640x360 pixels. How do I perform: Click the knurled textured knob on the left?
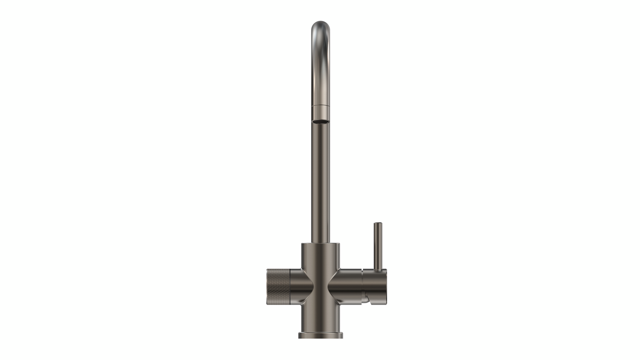[x=278, y=287]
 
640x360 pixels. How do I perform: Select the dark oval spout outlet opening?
[x=320, y=120]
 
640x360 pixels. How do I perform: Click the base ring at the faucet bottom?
[x=320, y=335]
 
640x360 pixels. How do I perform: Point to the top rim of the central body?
[x=320, y=244]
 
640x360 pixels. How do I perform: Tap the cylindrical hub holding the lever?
[x=375, y=284]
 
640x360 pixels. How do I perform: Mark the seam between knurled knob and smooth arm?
[x=290, y=287]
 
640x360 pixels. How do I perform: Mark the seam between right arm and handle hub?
[x=362, y=284]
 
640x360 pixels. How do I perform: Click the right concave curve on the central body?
[x=332, y=287]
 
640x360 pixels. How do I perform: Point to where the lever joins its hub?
[x=377, y=270]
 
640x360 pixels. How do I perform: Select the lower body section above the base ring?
[x=320, y=318]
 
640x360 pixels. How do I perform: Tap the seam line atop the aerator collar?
[x=320, y=106]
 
